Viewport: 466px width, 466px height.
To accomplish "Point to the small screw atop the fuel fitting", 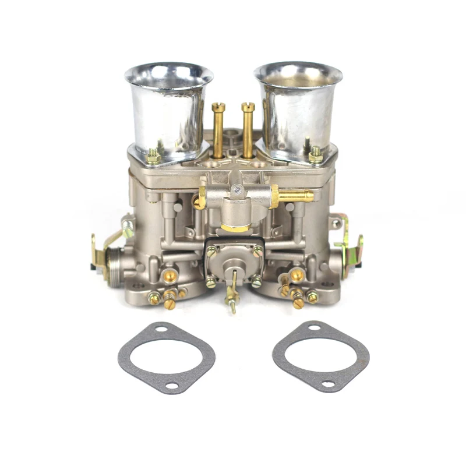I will tap(238, 189).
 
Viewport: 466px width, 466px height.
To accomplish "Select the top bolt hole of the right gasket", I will tap(315, 329).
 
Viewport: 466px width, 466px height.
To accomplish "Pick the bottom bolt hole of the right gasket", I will tap(327, 384).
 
